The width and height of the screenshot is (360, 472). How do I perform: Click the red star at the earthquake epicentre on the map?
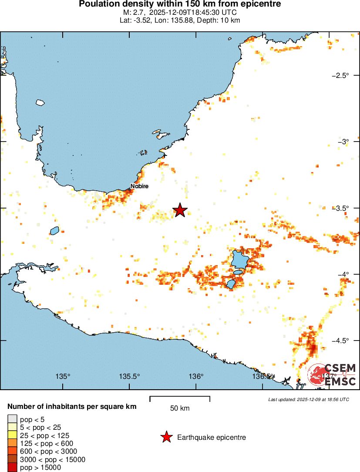(x=180, y=210)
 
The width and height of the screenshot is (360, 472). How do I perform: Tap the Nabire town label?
(x=139, y=186)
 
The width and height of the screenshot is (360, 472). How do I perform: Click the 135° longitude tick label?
(x=64, y=376)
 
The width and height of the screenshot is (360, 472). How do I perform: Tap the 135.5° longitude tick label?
(x=129, y=376)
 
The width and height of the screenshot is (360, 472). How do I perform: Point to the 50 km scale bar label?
(x=179, y=408)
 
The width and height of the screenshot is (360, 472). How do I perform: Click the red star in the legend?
(x=166, y=437)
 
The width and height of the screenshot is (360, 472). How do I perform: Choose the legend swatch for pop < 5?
(x=12, y=420)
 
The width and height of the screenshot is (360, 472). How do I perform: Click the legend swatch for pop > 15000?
(x=12, y=468)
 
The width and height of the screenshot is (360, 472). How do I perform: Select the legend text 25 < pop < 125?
(x=44, y=435)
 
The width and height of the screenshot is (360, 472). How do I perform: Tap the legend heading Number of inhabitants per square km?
(x=72, y=407)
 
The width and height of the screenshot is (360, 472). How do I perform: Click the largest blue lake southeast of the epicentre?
(x=239, y=260)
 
